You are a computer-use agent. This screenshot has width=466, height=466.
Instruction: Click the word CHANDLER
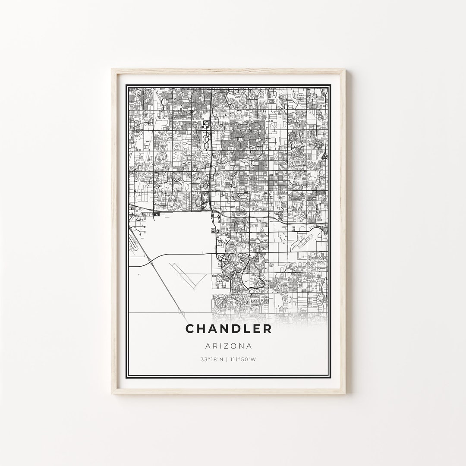229,329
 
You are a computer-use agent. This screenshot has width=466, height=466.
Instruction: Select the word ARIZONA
229,346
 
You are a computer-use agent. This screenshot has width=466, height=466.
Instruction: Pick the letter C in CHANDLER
190,329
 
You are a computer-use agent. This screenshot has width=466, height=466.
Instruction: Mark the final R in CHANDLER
268,329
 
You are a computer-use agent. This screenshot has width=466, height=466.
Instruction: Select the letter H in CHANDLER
201,329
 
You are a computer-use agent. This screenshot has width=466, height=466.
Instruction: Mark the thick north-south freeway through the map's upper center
210,142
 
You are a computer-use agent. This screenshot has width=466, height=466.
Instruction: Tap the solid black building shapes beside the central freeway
205,125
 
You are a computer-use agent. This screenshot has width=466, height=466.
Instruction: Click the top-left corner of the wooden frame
112,69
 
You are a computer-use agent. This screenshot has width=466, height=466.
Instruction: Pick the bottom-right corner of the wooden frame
346,394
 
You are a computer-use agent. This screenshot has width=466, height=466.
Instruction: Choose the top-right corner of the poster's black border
332,85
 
